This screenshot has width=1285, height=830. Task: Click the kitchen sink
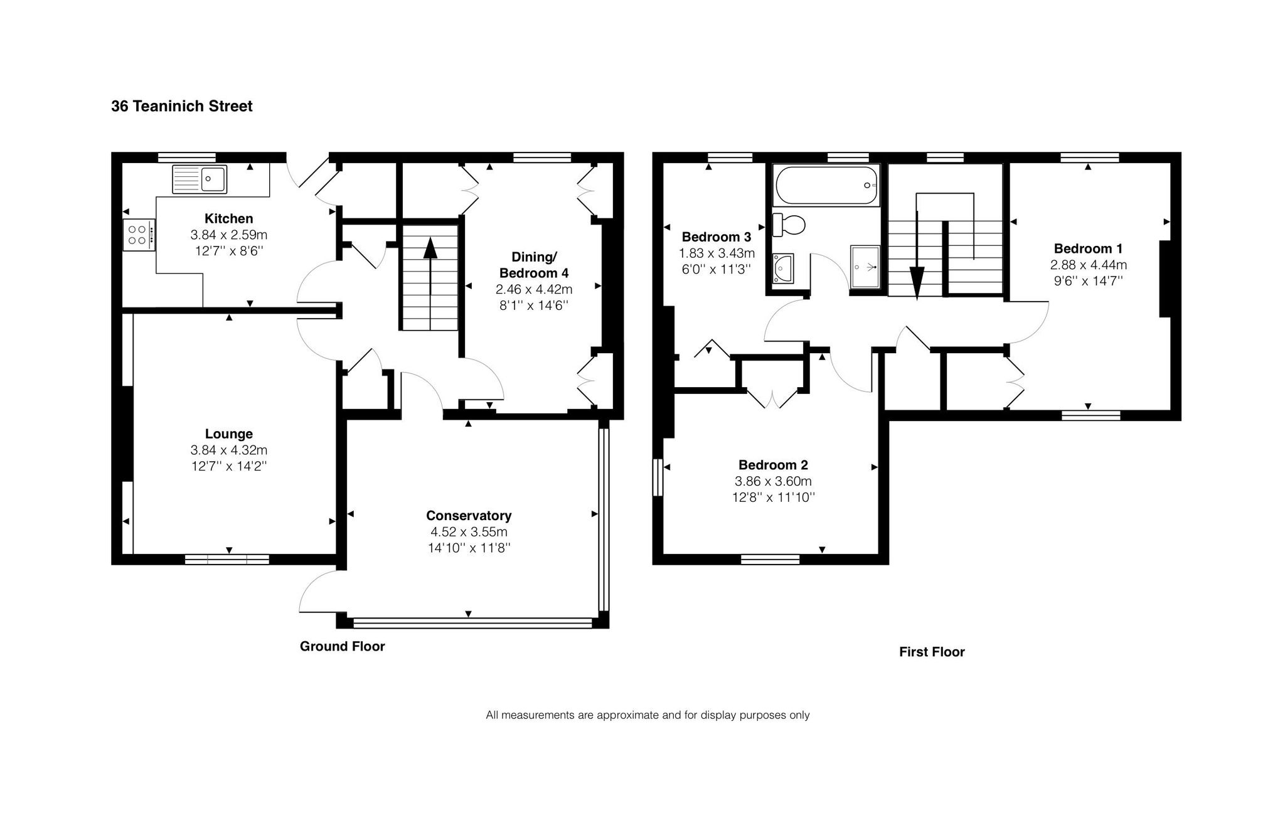[200, 179]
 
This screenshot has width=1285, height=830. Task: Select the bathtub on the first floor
[826, 185]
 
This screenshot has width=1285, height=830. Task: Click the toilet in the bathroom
[789, 225]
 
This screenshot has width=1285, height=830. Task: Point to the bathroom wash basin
[783, 268]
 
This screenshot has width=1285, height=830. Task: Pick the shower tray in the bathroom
[866, 267]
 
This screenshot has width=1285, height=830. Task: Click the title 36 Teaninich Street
[182, 106]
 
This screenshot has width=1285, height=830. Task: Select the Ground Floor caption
[342, 646]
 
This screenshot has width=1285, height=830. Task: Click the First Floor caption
[932, 652]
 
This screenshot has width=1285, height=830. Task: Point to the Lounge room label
[229, 434]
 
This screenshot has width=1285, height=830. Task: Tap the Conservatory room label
[469, 516]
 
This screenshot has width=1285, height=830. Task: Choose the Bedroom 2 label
[773, 465]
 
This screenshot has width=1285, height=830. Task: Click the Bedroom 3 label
[717, 237]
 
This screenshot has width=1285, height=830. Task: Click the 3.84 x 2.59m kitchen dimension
[229, 235]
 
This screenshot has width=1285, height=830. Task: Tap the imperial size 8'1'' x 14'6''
[534, 306]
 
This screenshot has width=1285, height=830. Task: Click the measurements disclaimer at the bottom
[648, 715]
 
